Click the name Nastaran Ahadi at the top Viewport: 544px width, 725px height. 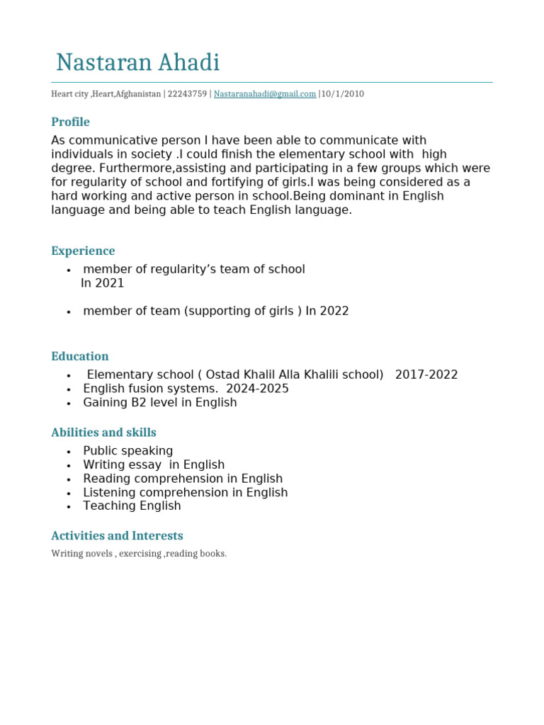(138, 63)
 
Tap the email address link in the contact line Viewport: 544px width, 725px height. (265, 93)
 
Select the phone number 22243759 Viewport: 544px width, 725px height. (187, 93)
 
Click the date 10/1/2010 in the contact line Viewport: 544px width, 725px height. (343, 93)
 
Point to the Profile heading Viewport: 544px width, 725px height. (70, 122)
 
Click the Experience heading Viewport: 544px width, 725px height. (83, 251)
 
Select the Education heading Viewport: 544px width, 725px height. (80, 356)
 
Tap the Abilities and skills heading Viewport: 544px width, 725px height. (103, 432)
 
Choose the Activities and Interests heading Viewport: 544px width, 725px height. (117, 535)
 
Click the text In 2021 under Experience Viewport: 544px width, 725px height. (103, 283)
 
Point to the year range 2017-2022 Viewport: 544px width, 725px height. (426, 375)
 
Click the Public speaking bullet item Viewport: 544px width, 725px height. (128, 451)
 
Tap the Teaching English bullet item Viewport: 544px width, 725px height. (132, 506)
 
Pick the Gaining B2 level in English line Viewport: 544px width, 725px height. (160, 402)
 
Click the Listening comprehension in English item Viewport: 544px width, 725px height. (186, 492)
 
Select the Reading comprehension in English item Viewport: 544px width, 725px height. (183, 479)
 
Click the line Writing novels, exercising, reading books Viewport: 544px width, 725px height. (139, 554)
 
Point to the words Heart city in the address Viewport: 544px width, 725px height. (69, 93)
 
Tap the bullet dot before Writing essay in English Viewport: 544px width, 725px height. (69, 466)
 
